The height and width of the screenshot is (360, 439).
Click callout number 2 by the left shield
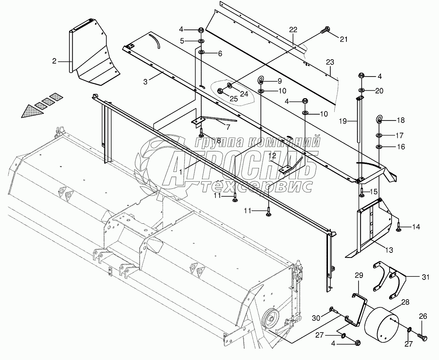point(55,61)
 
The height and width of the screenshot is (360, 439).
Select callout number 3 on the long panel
point(145,82)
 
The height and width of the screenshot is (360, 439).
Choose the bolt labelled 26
point(421,336)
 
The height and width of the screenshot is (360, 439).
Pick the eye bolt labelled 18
point(379,120)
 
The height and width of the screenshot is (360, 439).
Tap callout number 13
point(389,249)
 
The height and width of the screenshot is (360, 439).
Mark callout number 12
point(272,155)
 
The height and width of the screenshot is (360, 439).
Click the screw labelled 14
point(398,226)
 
